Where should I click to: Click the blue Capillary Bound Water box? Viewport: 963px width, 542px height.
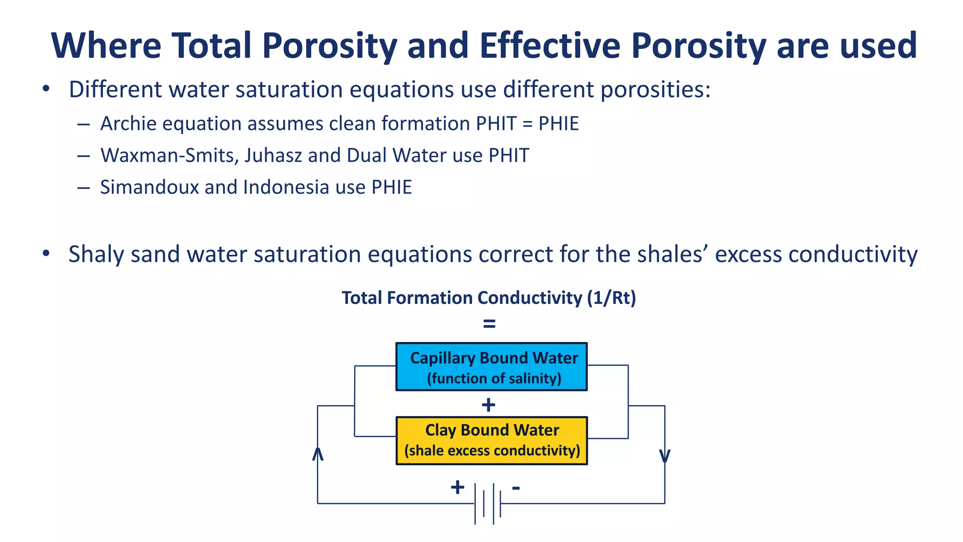click(x=491, y=367)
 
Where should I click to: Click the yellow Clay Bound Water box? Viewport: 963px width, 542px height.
click(x=491, y=440)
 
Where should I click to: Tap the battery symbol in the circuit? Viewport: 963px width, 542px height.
click(x=488, y=503)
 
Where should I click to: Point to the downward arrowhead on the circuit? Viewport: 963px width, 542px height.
click(x=664, y=456)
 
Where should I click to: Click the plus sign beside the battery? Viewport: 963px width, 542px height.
click(x=457, y=487)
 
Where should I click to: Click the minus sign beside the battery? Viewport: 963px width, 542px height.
click(x=516, y=487)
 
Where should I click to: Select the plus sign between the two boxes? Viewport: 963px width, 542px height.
click(x=489, y=405)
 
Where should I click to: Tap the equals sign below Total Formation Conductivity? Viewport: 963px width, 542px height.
click(x=489, y=324)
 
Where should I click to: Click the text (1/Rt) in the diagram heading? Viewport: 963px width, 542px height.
click(x=611, y=298)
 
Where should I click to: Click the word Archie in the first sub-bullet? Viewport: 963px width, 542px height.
click(x=128, y=124)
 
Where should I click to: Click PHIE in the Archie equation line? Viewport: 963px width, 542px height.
click(x=558, y=124)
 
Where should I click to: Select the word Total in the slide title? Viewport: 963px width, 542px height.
click(x=212, y=46)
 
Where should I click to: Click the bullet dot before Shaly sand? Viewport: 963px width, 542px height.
click(x=46, y=254)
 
